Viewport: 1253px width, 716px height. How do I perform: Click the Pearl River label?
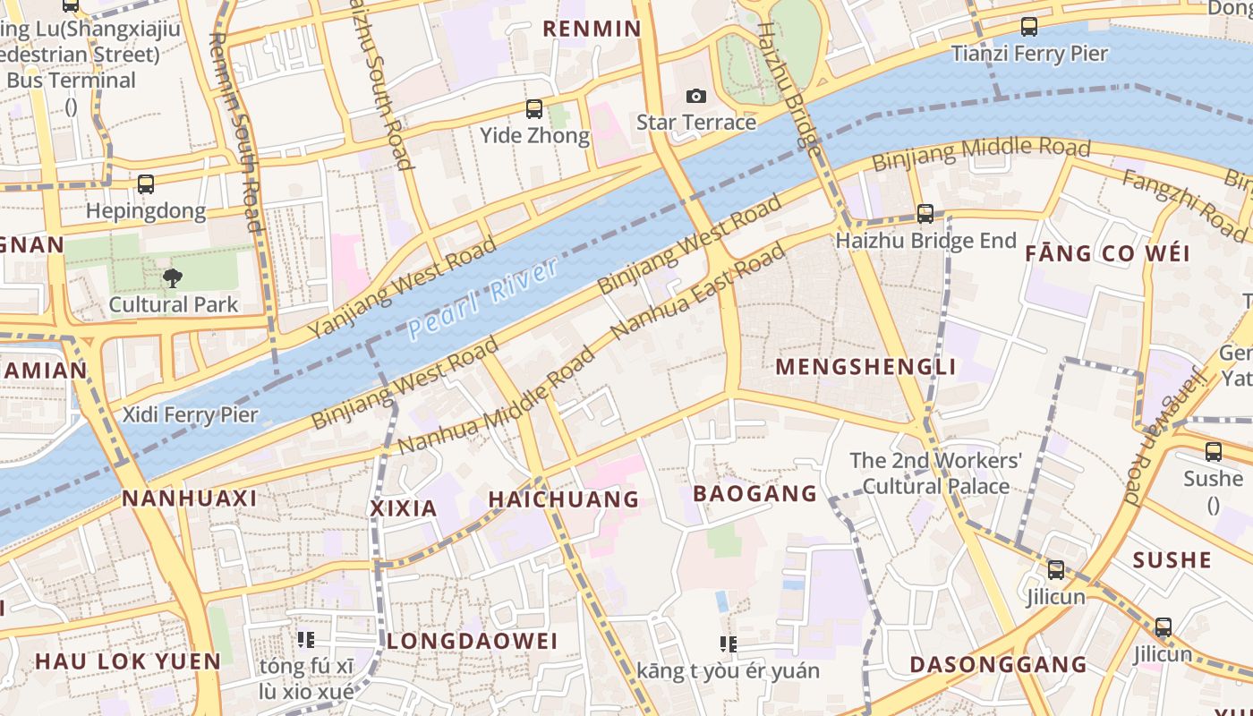(483, 298)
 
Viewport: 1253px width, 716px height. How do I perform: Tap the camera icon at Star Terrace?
(695, 96)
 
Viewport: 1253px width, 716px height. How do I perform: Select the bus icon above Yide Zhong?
(534, 109)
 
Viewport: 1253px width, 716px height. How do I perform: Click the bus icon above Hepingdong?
(146, 184)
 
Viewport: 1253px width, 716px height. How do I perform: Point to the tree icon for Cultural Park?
(173, 277)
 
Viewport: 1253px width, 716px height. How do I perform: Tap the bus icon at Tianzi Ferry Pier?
(1029, 27)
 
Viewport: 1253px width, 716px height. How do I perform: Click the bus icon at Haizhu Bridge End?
(925, 214)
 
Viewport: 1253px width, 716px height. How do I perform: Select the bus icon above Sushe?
(1214, 452)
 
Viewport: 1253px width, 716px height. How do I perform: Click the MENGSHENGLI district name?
(865, 367)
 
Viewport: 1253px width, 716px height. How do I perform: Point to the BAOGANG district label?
(755, 493)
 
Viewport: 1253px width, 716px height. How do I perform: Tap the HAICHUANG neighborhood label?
(564, 499)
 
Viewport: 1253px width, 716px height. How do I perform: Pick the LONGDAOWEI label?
(472, 641)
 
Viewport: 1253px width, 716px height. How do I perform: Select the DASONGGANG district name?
(998, 664)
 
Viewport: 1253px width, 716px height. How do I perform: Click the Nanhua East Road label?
(698, 292)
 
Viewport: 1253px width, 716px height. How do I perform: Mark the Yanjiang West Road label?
(402, 287)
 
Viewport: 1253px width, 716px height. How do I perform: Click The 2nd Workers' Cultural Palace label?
(935, 473)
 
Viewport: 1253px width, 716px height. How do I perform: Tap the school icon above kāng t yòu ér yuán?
(729, 644)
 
